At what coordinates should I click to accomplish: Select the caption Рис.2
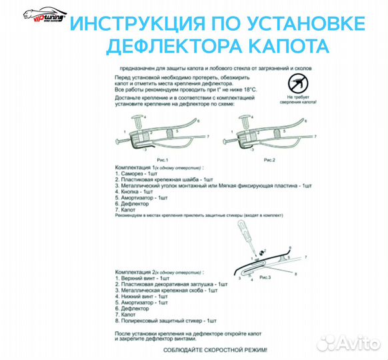coord(269,160)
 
